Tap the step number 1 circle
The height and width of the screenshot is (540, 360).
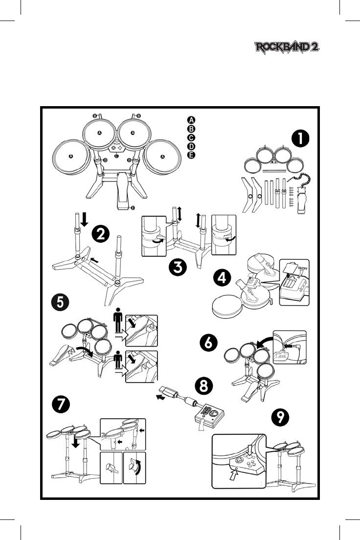tap(300, 138)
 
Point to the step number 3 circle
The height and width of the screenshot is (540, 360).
tap(176, 268)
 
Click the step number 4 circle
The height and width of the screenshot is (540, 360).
tap(223, 278)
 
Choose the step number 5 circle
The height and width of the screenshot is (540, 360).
tap(59, 302)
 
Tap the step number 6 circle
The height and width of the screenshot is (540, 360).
tap(209, 343)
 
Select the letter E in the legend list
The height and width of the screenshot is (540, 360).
tap(191, 155)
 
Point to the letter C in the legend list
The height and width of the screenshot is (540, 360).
tap(191, 137)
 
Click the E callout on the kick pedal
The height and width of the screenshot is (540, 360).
tap(133, 207)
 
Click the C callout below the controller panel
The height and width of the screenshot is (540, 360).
tap(116, 157)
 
